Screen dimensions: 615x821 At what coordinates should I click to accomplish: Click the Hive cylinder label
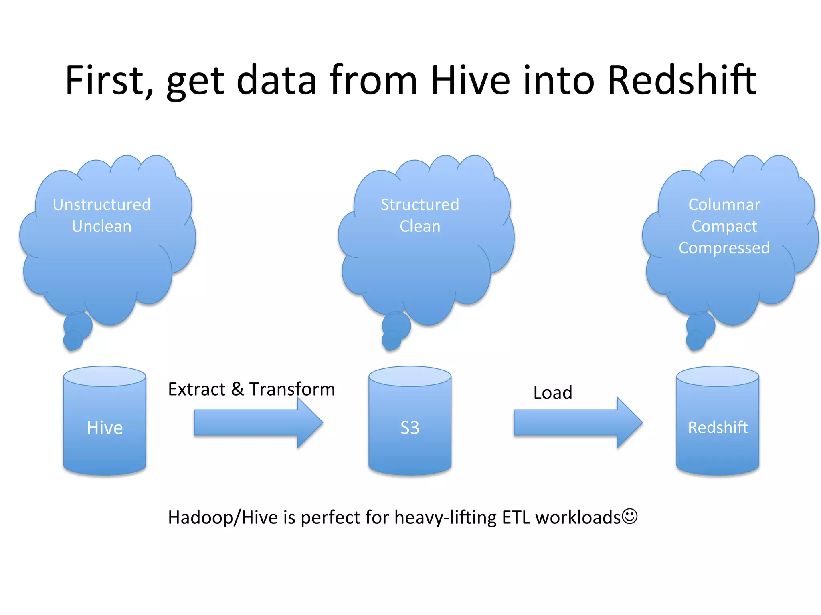click(x=105, y=428)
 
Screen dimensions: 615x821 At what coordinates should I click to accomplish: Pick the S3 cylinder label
click(x=410, y=428)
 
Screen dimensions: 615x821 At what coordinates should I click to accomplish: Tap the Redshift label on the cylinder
click(x=718, y=428)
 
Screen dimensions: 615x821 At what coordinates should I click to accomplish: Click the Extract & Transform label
click(x=251, y=389)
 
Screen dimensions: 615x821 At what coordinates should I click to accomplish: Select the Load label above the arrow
click(x=552, y=392)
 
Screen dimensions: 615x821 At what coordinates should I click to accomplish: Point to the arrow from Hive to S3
click(x=257, y=423)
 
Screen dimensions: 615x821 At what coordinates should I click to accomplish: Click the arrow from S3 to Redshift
click(x=577, y=423)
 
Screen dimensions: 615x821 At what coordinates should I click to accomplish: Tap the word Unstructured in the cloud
click(x=102, y=205)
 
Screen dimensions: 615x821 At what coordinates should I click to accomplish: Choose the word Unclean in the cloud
click(x=102, y=226)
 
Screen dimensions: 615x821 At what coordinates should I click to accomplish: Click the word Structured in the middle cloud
click(x=420, y=205)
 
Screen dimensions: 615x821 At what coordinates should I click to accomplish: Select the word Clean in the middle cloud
click(x=420, y=226)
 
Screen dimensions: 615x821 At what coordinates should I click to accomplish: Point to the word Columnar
click(x=724, y=205)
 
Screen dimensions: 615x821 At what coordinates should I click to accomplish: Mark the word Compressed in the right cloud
click(x=724, y=248)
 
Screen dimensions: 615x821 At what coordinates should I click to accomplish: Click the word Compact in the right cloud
click(x=724, y=226)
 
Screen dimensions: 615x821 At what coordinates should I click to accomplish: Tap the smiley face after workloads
click(x=629, y=516)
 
